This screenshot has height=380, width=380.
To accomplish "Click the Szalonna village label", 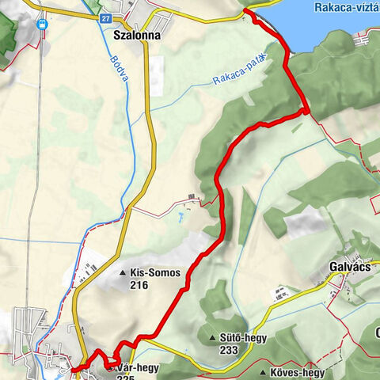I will coord(137,36).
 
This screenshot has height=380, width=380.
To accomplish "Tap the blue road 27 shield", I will coord(107,17).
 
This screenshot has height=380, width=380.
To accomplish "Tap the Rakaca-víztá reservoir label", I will coord(346,7).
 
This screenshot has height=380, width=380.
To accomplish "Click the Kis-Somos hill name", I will coord(156,273).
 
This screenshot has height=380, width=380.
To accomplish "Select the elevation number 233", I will coord(230,351).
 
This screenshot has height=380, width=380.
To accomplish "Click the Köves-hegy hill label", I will coord(298,372).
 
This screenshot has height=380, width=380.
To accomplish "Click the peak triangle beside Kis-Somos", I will coord(123,274).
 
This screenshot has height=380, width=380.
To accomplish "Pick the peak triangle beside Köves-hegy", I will coord(264,372).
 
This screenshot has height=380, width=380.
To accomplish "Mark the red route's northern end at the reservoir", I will coord(246,11).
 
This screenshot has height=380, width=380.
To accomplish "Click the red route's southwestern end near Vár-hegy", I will coord(72,369).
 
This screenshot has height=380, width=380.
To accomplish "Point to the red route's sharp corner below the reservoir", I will coord(306,112).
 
